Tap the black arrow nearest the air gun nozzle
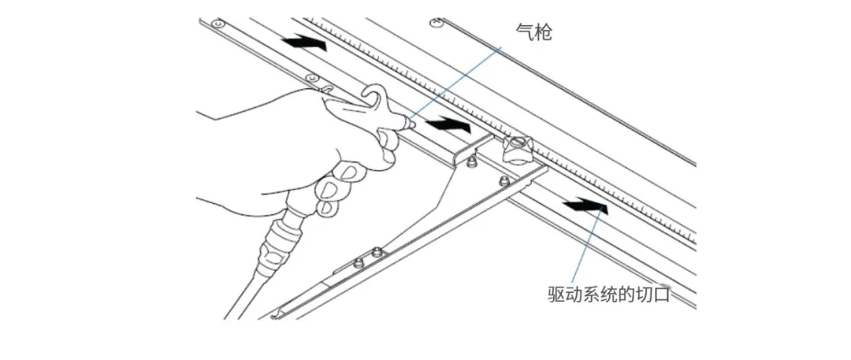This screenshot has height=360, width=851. coord(447,124)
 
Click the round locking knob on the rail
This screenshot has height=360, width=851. coord(517,147)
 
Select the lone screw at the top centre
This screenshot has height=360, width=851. coord(433,23)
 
